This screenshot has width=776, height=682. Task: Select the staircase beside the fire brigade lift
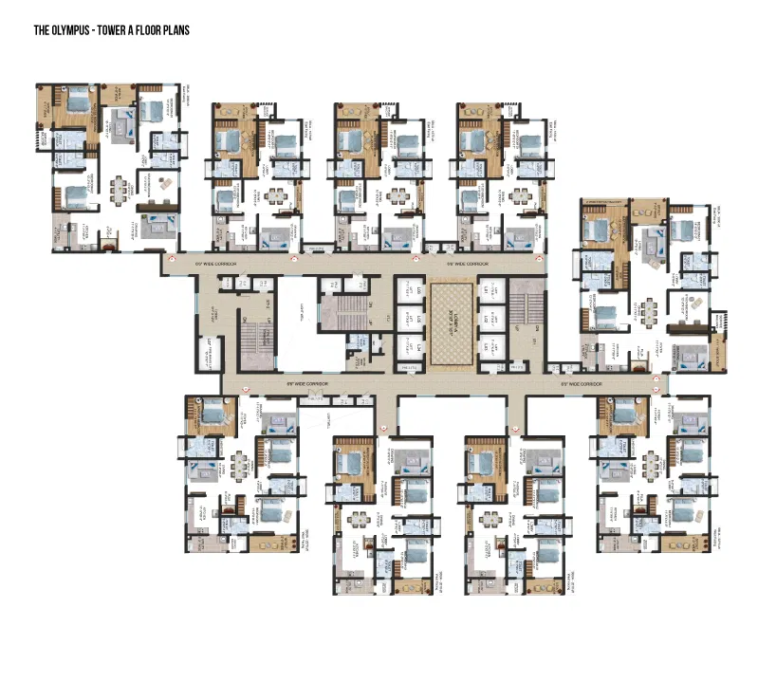coord(254,341)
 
